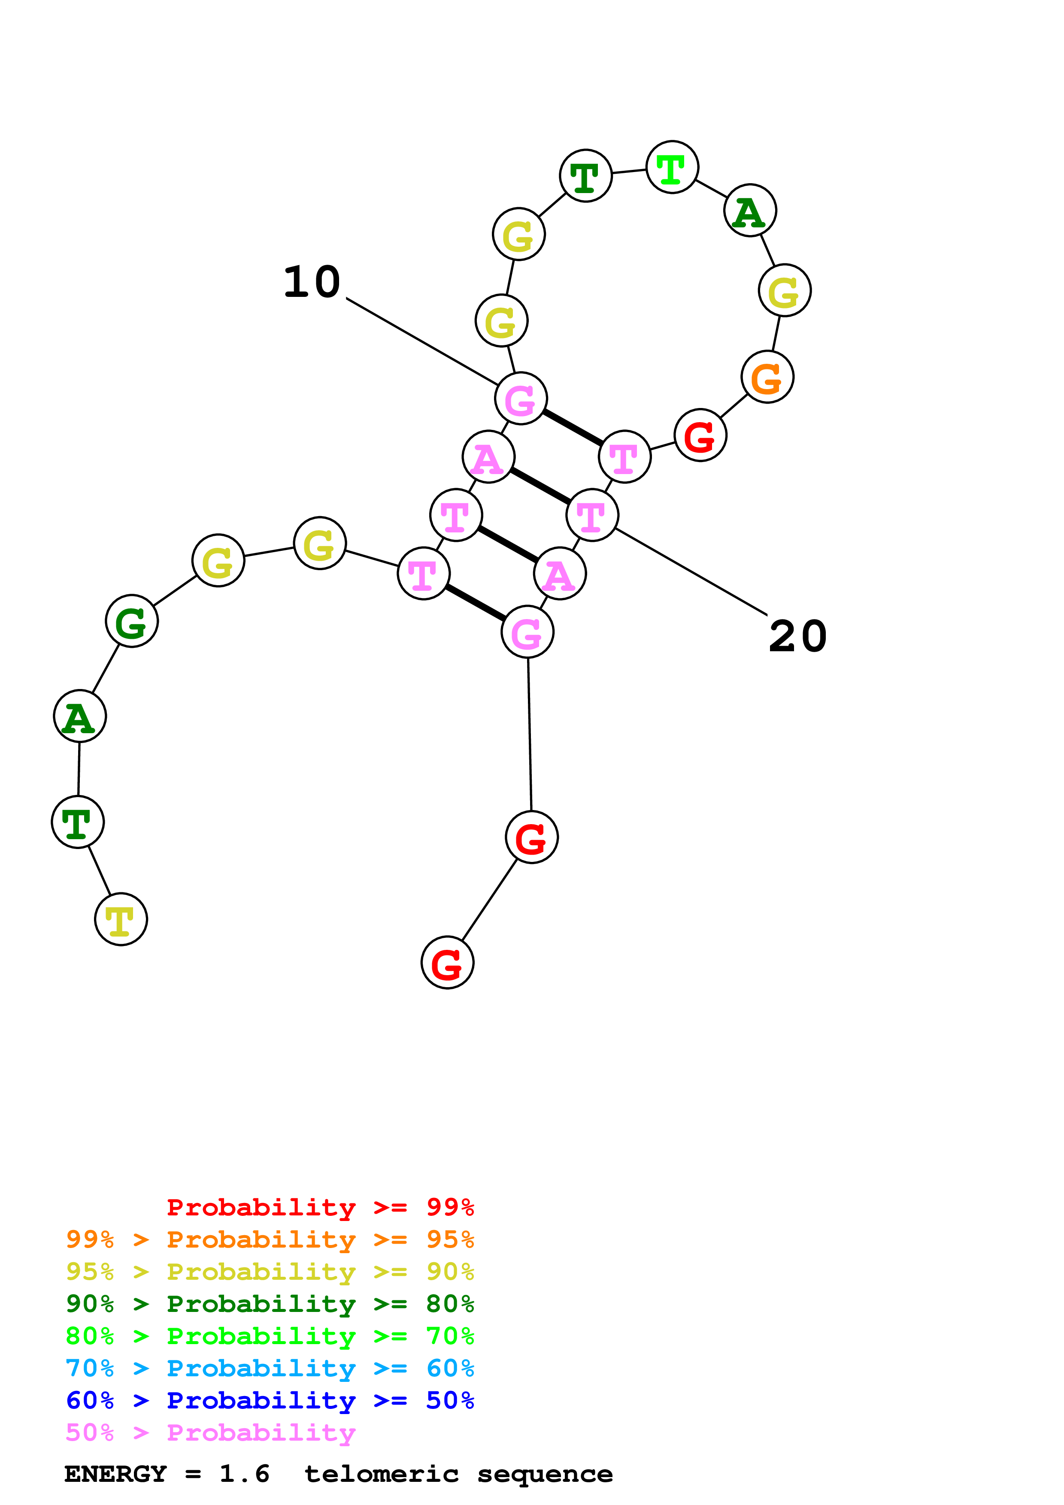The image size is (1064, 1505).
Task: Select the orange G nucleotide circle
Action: pos(767,377)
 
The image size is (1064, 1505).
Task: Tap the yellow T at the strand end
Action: pos(121,919)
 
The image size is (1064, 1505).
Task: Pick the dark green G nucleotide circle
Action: pos(132,621)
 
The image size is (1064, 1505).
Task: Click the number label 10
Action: pos(312,283)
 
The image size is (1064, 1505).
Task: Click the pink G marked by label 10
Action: pos(521,399)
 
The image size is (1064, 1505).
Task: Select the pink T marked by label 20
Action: pos(592,515)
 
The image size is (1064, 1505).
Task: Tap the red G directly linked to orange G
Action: pos(700,435)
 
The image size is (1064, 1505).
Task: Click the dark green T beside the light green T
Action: pos(585,175)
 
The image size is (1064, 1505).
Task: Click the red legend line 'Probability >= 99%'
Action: pos(320,1207)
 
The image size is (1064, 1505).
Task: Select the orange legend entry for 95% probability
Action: pos(270,1239)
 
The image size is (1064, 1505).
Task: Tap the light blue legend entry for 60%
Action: pos(270,1368)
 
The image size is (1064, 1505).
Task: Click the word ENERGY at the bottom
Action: pos(115,1474)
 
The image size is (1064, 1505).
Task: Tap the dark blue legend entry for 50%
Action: pos(270,1400)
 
